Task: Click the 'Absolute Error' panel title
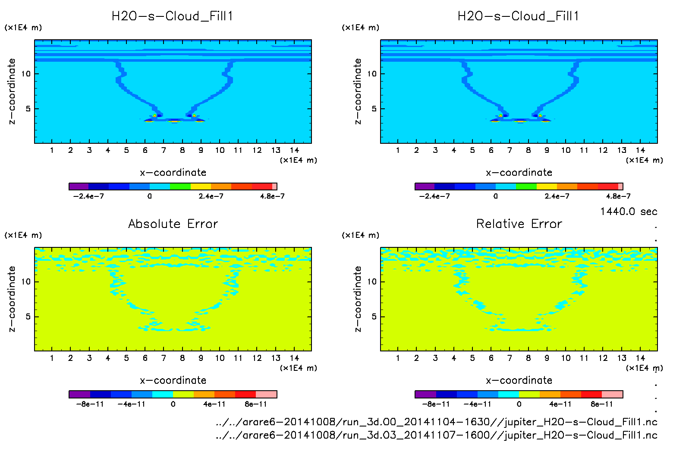(x=173, y=224)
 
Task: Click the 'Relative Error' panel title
(x=519, y=224)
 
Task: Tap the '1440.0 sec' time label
(x=629, y=212)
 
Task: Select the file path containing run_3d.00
(x=436, y=422)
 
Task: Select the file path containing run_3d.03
(x=436, y=435)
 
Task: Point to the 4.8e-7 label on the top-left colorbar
(x=272, y=196)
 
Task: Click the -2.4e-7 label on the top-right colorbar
(x=434, y=196)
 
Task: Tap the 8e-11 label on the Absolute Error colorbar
(x=256, y=404)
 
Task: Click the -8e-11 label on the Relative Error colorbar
(x=436, y=404)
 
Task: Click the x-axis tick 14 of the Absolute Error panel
(x=294, y=358)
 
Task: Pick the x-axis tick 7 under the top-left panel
(x=164, y=150)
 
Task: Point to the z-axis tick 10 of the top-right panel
(x=372, y=74)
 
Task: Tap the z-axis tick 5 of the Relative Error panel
(x=374, y=317)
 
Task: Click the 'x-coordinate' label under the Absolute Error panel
(x=173, y=380)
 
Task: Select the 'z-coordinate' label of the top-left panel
(x=12, y=91)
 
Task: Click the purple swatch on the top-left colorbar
(x=79, y=186)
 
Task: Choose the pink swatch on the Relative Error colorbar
(x=612, y=394)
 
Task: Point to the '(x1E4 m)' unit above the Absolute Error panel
(x=23, y=235)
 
